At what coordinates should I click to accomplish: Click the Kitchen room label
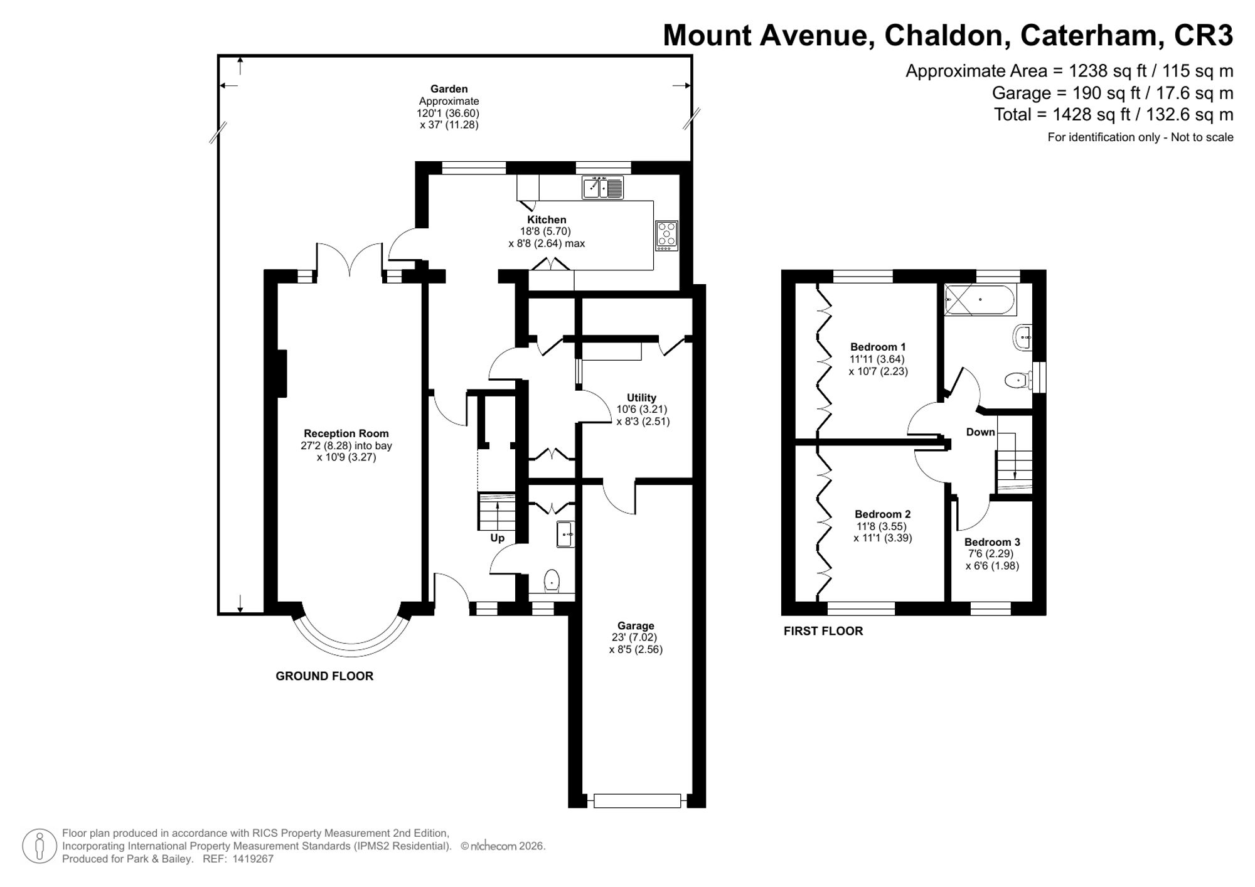547,220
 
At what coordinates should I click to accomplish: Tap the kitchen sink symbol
602,188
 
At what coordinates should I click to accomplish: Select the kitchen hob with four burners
666,236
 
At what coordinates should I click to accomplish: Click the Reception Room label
346,433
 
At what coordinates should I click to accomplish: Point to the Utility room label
641,398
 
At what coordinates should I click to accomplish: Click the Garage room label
636,625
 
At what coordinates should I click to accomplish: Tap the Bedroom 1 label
878,347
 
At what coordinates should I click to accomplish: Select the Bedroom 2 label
882,514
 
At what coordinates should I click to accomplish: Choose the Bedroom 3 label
992,542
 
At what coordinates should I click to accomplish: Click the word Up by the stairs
497,538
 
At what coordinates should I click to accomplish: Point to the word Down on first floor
980,432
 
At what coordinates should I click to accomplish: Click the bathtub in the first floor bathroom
980,300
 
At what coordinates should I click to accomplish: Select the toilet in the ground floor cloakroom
552,581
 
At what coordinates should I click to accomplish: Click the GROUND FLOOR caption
324,676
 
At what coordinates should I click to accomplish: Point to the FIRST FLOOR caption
823,631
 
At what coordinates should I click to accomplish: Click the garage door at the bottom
637,801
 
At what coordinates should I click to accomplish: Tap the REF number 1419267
253,859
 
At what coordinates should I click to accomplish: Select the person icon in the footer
40,846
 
